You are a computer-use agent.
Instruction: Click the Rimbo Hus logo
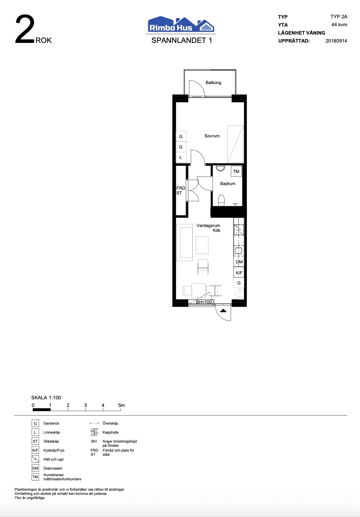[181, 24]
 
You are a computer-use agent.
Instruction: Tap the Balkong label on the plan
[213, 83]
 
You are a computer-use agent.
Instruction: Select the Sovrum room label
[212, 136]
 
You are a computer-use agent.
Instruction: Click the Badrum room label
[228, 184]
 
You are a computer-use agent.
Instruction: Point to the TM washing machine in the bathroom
[236, 172]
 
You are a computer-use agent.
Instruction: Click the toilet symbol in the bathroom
[221, 200]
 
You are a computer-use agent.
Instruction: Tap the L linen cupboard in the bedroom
[181, 157]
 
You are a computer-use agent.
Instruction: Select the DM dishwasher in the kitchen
[239, 262]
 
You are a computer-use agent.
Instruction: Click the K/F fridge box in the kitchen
[239, 273]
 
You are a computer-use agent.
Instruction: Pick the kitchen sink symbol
[238, 251]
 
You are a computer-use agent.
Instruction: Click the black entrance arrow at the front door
[223, 310]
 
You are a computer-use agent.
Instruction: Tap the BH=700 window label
[204, 302]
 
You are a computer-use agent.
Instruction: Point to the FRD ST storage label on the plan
[181, 191]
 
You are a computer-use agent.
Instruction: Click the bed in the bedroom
[235, 144]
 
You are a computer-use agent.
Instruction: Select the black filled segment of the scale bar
[42, 410]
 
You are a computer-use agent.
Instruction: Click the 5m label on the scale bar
[121, 405]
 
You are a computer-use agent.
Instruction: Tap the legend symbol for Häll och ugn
[35, 459]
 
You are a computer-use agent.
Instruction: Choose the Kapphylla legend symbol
[94, 432]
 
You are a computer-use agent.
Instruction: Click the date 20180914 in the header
[336, 41]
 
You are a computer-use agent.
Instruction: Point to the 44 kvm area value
[339, 25]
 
